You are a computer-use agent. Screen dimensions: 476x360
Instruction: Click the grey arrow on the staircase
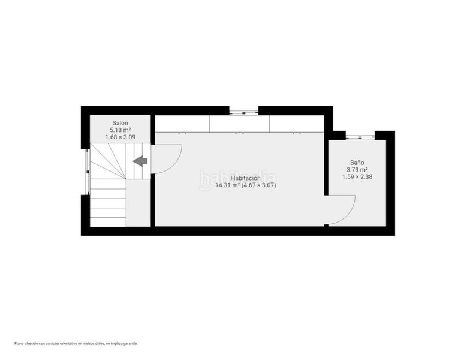click(x=140, y=161)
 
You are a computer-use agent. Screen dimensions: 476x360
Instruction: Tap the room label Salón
click(x=120, y=123)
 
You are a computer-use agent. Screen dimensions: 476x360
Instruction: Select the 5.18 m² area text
click(x=120, y=130)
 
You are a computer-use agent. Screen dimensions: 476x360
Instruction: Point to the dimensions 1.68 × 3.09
click(x=120, y=137)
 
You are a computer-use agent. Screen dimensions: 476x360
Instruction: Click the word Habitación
click(x=246, y=178)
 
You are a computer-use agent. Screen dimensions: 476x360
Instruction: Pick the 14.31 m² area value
click(x=228, y=185)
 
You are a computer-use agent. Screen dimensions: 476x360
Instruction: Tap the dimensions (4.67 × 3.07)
click(x=258, y=185)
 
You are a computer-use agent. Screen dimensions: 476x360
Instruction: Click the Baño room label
click(x=357, y=163)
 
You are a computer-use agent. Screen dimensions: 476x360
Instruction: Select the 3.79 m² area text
click(x=357, y=170)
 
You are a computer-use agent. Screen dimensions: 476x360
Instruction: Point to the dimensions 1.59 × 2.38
click(x=357, y=176)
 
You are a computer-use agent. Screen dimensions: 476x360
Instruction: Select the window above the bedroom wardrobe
click(x=244, y=112)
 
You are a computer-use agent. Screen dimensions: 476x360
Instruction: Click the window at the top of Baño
click(x=360, y=137)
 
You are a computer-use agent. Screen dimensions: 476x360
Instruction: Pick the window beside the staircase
click(x=88, y=172)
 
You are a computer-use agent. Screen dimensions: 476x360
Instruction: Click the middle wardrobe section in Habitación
click(x=240, y=124)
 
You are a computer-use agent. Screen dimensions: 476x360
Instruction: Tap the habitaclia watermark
click(x=237, y=179)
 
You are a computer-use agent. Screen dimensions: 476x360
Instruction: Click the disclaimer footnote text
click(x=76, y=344)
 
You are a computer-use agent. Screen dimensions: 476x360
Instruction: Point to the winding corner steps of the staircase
click(x=108, y=161)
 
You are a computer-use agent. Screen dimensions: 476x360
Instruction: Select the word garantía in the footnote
click(x=131, y=344)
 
